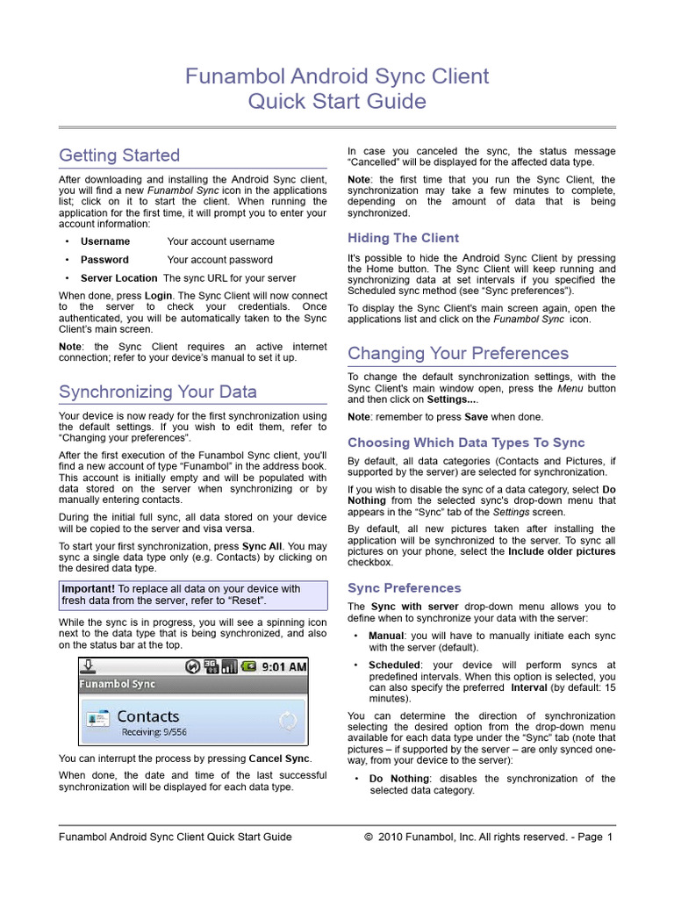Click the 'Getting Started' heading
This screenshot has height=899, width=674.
tap(119, 155)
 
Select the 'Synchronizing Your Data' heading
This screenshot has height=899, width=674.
tap(158, 391)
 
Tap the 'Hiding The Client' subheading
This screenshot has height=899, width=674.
tap(403, 238)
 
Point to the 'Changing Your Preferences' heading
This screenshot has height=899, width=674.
tap(458, 353)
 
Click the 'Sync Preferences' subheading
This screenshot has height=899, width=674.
tap(404, 587)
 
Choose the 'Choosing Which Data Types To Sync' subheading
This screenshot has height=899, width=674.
tap(466, 442)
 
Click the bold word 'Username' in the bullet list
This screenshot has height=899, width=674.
tap(105, 241)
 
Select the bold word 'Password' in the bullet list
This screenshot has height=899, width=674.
tap(104, 260)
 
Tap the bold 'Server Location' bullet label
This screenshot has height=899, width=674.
tap(119, 278)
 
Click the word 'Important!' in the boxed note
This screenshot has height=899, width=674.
tap(89, 589)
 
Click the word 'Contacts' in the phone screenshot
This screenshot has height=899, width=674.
tap(147, 716)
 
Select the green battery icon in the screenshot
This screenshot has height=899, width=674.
tap(249, 666)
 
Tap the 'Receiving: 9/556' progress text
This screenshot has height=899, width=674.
tap(154, 732)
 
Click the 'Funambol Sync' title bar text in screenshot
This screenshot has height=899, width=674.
tap(118, 684)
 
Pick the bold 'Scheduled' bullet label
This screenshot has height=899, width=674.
tap(394, 665)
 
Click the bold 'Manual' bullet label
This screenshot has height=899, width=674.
tap(386, 636)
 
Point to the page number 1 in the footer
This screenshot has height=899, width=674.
tap(609, 837)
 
